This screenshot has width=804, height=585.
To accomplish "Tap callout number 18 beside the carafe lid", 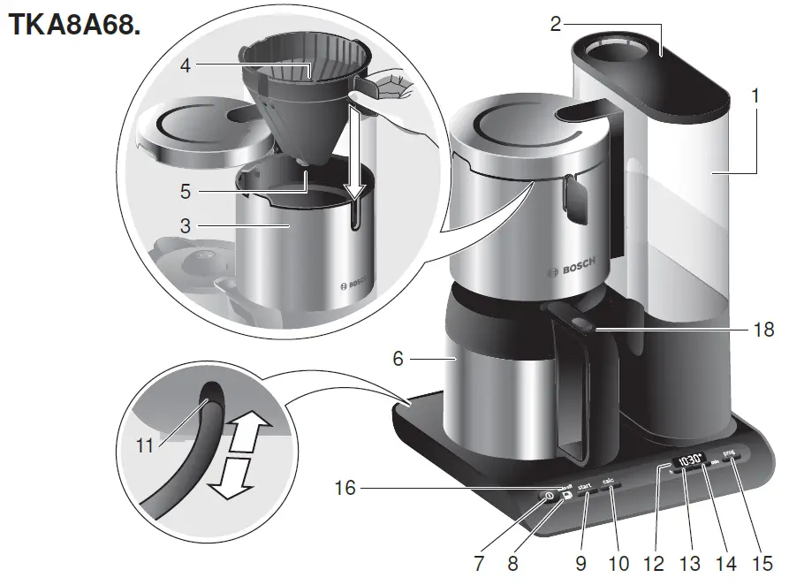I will pyautogui.click(x=764, y=330).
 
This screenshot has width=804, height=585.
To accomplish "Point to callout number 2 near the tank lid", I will pyautogui.click(x=555, y=24).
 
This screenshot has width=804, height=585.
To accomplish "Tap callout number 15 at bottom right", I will pyautogui.click(x=762, y=563).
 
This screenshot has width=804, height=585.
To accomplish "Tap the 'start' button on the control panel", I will pyautogui.click(x=584, y=488).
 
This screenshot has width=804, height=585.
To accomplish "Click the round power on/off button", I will pyautogui.click(x=549, y=496).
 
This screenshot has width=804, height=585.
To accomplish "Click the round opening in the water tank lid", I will pyautogui.click(x=625, y=50).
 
